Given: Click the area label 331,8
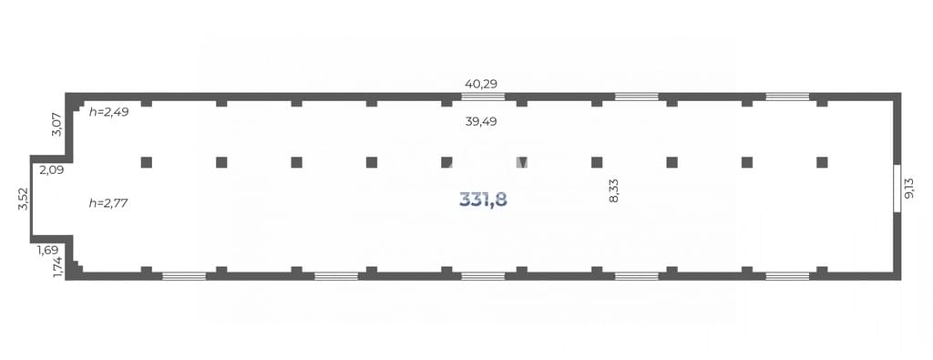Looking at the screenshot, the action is coord(483,200).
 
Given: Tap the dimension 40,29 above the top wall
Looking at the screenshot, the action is coord(481,83).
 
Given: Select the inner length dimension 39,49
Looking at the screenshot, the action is coord(481,122).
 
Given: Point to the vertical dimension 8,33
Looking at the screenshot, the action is coord(614,191).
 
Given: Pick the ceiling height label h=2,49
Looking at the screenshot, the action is coord(109,111).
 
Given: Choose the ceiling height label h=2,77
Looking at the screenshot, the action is coord(109,203).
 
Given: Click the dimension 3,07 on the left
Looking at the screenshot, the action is coord(57,124).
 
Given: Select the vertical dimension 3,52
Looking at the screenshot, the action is coord(23,198).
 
